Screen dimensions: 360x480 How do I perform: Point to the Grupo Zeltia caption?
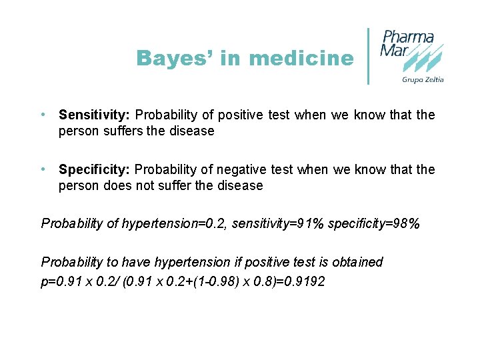422,80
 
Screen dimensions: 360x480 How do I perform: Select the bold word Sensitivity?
94,115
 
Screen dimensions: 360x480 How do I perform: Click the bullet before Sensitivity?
43,115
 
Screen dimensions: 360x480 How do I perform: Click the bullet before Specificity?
43,169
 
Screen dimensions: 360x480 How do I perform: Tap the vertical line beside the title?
369,56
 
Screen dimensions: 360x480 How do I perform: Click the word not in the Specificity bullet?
145,185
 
